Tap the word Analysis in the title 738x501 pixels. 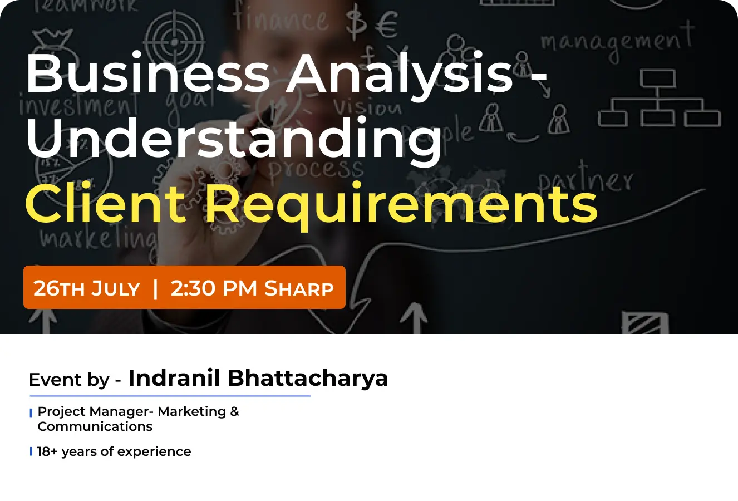(399, 73)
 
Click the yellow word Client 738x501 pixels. (105, 203)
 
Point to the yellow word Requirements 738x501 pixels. (401, 203)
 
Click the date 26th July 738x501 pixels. (86, 288)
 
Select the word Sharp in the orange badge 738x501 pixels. (299, 288)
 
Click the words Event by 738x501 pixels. (68, 380)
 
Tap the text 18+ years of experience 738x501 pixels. (114, 451)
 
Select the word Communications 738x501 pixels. (95, 426)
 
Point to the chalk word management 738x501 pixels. (617, 42)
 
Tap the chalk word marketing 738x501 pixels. (97, 238)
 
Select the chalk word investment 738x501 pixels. (78, 106)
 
